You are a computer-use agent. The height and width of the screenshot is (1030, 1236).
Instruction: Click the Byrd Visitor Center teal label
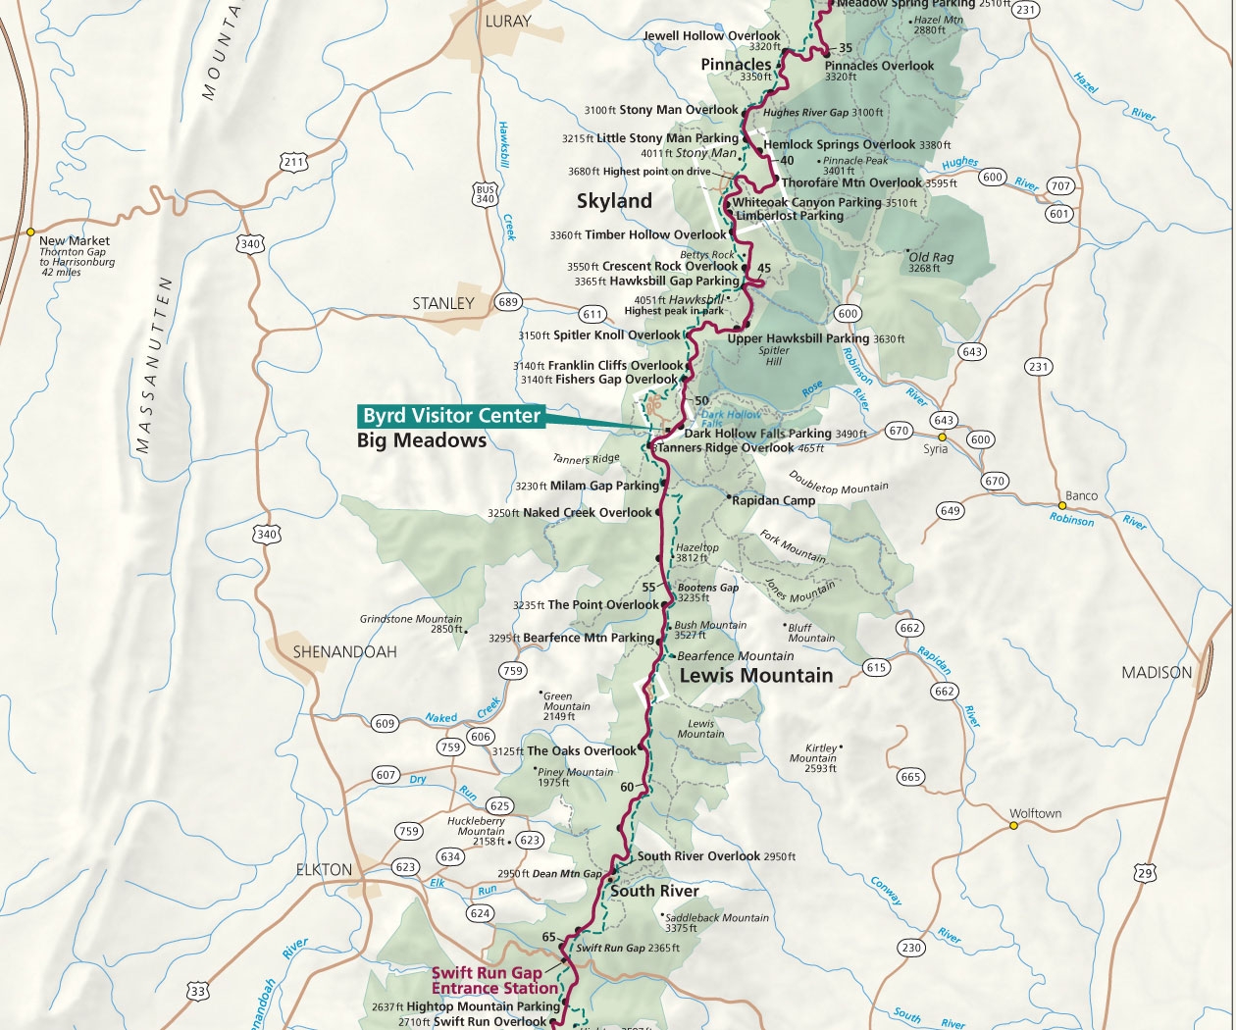point(451,416)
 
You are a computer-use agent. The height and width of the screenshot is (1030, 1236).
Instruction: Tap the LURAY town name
point(508,21)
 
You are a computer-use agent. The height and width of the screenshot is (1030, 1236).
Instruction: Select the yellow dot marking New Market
point(30,232)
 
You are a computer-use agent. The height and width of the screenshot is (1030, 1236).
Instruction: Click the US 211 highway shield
point(292,162)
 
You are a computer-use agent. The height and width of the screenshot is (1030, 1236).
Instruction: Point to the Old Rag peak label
point(931,257)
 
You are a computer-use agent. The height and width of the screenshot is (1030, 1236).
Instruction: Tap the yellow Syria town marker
point(942,437)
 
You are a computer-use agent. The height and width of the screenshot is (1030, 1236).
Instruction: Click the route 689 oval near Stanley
point(507,302)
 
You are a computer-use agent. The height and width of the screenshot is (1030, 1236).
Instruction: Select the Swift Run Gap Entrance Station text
point(487,981)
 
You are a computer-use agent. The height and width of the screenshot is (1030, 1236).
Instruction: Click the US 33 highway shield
point(199,992)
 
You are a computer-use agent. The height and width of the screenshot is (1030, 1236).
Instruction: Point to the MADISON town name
point(1157,673)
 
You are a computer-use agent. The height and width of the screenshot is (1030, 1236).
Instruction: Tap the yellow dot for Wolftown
point(1013,825)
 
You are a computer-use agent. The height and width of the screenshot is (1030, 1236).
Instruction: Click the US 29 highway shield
point(1145,872)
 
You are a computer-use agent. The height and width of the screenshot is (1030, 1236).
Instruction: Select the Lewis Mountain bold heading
point(755,676)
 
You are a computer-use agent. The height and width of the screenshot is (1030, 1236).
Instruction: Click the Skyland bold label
point(614,201)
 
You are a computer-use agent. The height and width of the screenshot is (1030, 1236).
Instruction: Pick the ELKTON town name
point(324,870)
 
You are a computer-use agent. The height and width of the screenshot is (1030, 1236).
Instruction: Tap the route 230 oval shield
point(911,948)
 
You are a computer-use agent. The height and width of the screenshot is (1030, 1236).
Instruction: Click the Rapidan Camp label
point(773,500)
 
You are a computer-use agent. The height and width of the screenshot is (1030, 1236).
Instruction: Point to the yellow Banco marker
point(1062,506)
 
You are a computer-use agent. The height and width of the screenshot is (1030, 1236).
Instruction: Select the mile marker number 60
point(627,787)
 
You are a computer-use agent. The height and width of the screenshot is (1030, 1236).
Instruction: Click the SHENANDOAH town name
point(344,651)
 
